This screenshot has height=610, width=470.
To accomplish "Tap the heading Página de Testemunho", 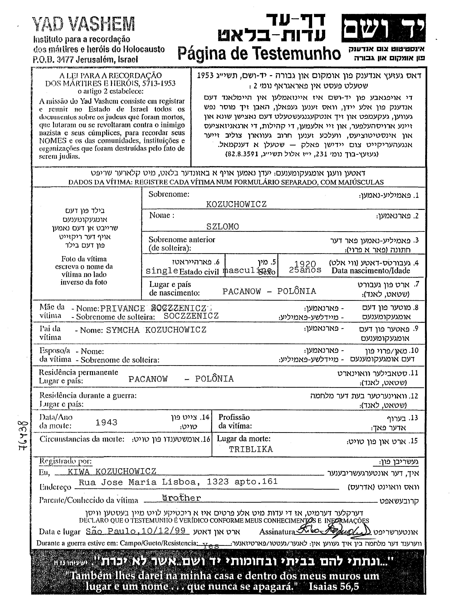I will click(x=259, y=53).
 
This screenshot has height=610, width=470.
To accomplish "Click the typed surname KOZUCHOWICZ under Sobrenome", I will click(x=236, y=204).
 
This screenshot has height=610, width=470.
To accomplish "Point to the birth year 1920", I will click(x=305, y=264).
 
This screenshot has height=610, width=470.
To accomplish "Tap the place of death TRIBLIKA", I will click(x=251, y=449).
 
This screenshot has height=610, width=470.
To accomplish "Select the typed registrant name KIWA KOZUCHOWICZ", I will click(x=112, y=471).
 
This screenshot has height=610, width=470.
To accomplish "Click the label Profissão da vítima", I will click(x=235, y=422).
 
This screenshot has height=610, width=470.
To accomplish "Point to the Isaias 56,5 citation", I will click(x=334, y=586).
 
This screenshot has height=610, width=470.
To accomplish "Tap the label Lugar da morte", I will click(x=244, y=438).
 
